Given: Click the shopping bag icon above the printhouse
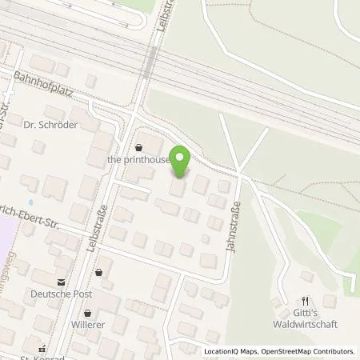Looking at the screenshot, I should pyautogui.click(x=140, y=147).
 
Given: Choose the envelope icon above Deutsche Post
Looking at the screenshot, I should pyautogui.click(x=60, y=282).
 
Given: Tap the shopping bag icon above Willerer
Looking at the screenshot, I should pyautogui.click(x=88, y=314).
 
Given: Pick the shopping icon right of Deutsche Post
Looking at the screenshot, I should pyautogui.click(x=99, y=272).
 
